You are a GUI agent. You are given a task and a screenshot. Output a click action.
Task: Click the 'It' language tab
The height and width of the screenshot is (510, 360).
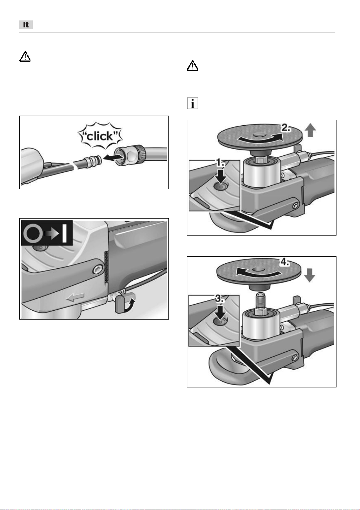pos(26,25)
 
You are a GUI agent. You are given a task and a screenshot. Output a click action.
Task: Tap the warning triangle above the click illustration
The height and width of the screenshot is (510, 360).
pos(25,56)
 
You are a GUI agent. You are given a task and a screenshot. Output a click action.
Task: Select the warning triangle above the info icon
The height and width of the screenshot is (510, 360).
pos(192,66)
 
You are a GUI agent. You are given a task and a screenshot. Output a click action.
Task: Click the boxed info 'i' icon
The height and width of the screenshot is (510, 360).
pos(192,103)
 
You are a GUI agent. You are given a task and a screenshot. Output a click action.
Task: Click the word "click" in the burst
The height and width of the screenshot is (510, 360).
pos(100,136)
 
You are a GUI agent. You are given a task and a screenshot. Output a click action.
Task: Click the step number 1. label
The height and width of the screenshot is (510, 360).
pos(220,163)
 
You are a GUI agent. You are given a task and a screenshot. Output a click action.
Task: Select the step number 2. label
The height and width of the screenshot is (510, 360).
pos(286,128)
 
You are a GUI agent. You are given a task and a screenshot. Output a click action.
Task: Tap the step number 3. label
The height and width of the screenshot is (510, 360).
pos(219,298)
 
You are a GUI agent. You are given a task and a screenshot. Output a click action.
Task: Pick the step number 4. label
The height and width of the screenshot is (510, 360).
pos(285,262)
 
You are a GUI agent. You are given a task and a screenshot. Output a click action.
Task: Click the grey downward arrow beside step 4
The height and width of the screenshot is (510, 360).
pos(310,275)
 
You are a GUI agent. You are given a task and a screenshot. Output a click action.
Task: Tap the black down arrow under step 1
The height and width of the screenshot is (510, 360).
pos(220,175)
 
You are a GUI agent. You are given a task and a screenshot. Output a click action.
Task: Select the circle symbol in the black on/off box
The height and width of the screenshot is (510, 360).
pos(33,233)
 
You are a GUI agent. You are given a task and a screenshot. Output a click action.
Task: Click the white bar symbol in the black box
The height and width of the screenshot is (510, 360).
pos(64,233)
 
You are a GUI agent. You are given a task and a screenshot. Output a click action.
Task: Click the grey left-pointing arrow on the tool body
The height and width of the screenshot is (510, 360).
pos(75,297)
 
